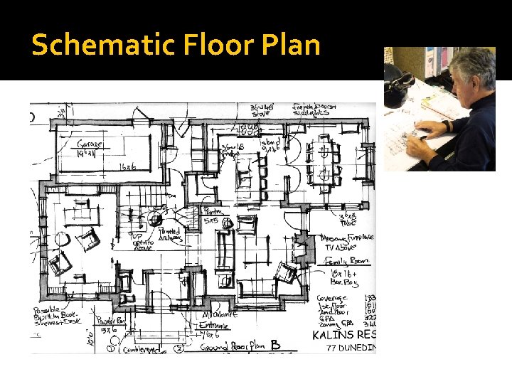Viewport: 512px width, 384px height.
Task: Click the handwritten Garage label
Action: click(90, 144)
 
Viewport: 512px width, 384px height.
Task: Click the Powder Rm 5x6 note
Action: click(110, 324)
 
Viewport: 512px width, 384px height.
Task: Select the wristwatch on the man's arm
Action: click(446, 126)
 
